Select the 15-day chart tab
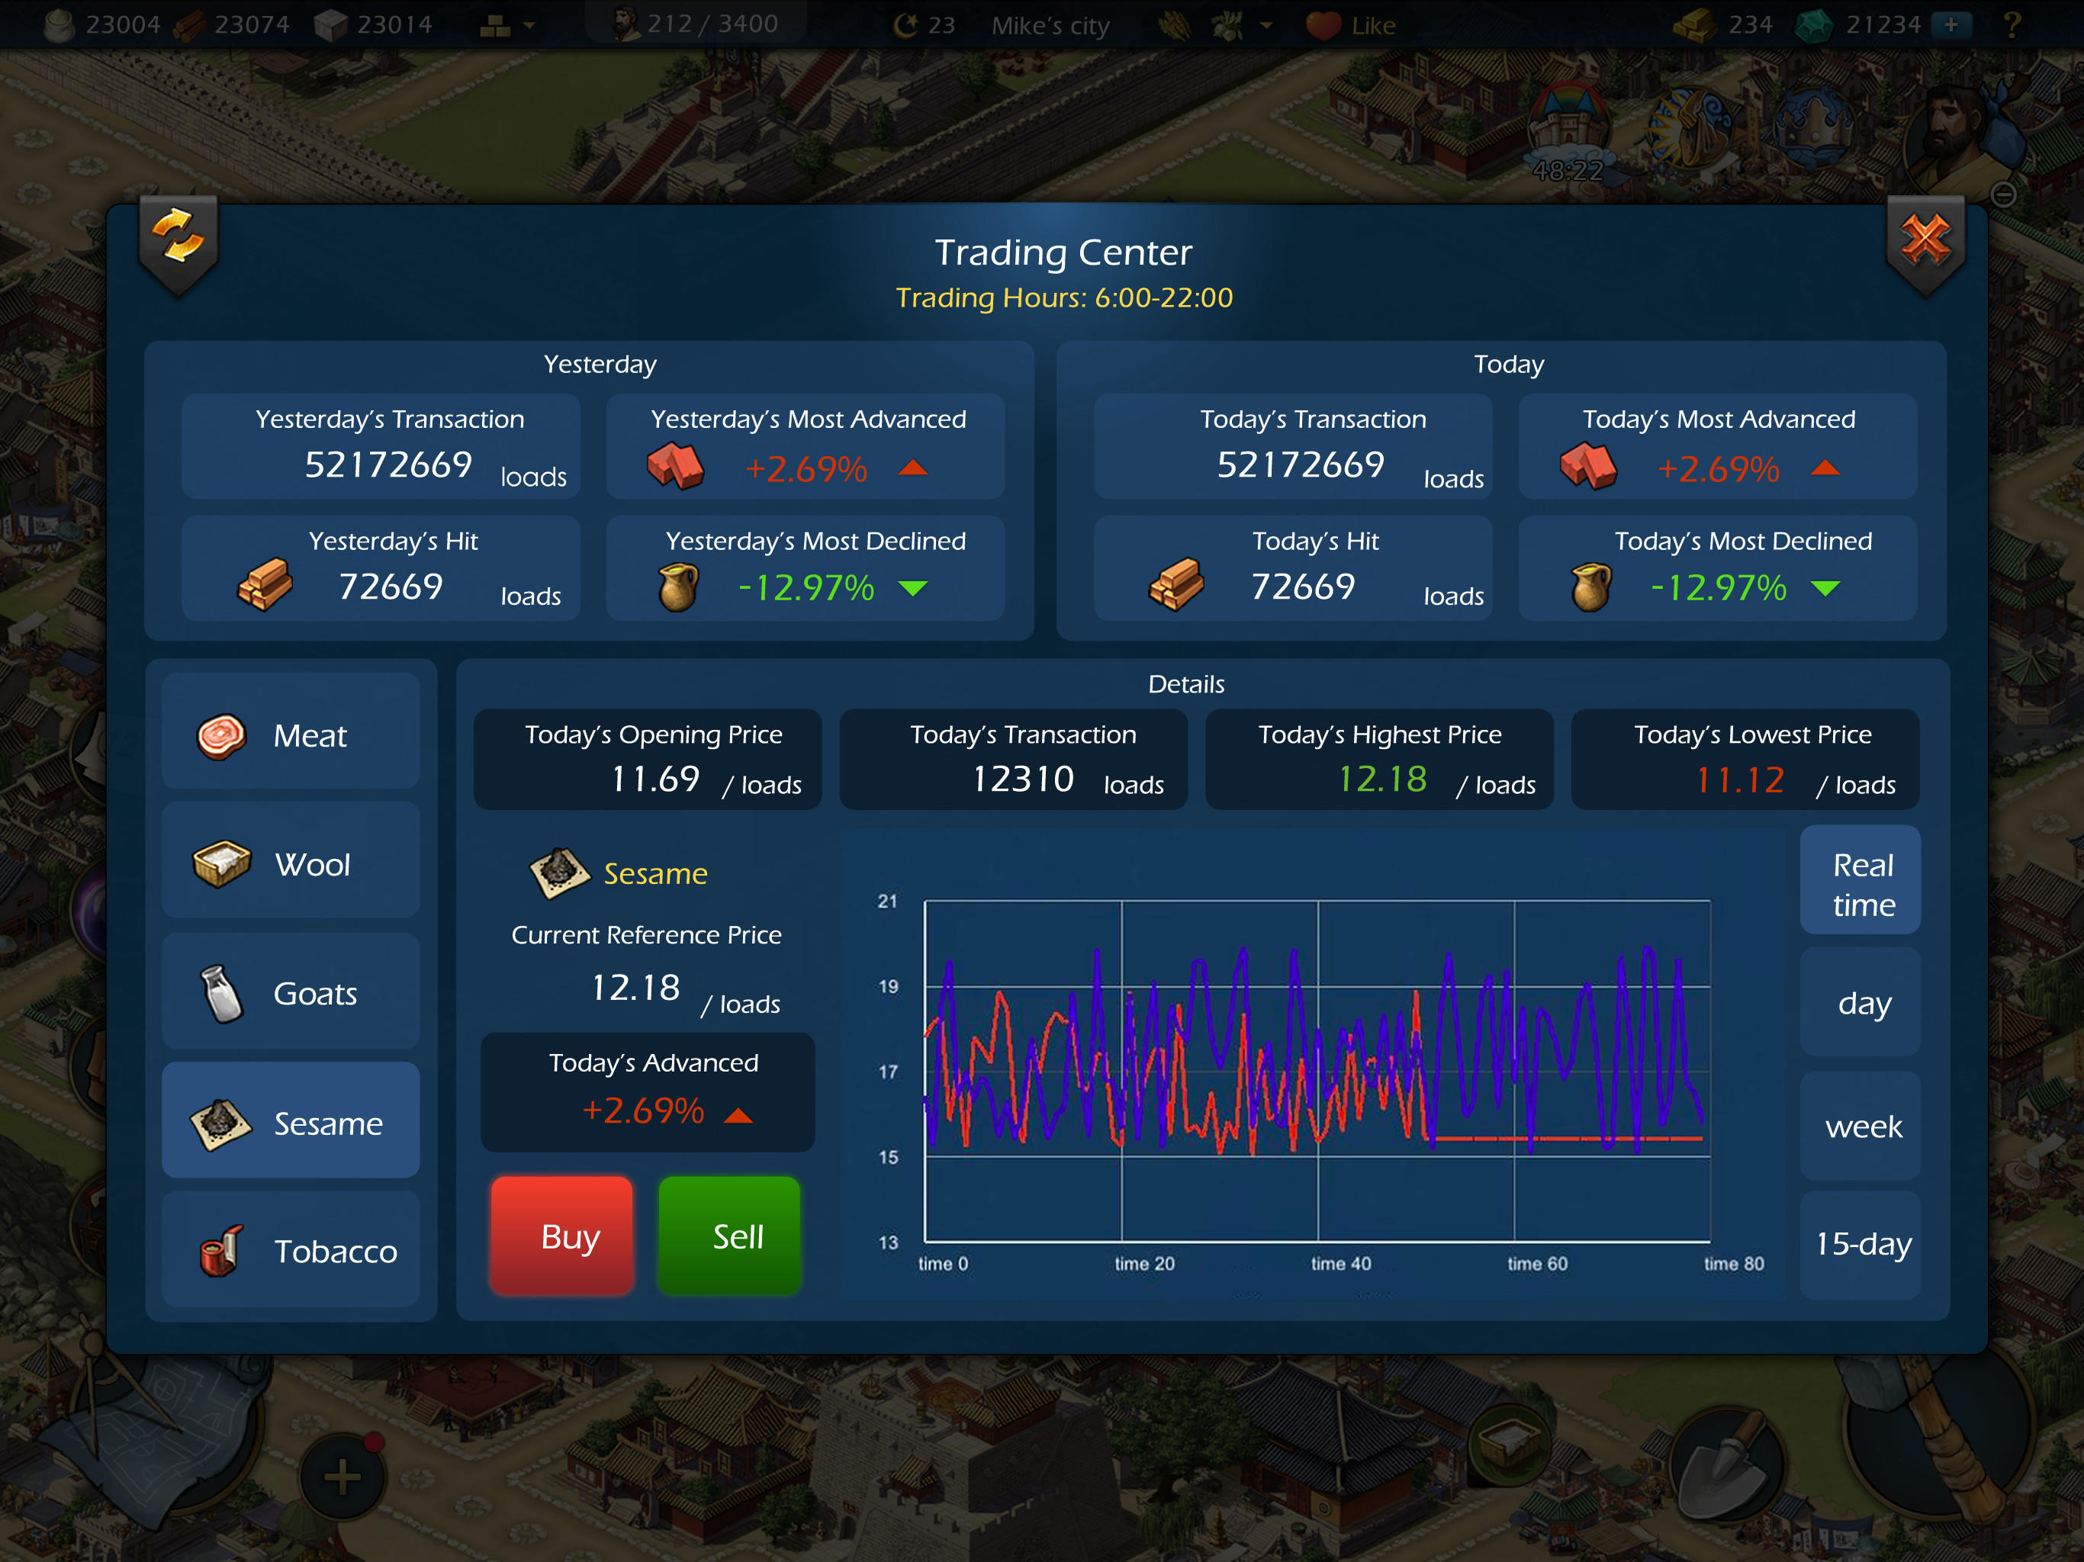[x=1862, y=1243]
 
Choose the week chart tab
[x=1862, y=1126]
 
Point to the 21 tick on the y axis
[x=887, y=902]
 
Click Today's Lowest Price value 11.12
[x=1739, y=780]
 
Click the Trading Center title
[x=1063, y=252]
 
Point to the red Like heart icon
[x=1323, y=25]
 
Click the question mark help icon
[x=2012, y=24]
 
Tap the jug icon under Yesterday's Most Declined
[x=677, y=587]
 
